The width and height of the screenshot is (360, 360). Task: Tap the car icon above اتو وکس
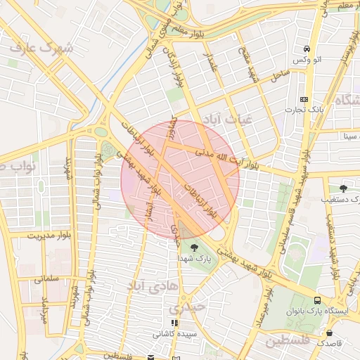(307, 49)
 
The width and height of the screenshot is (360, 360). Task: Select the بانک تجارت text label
(302, 109)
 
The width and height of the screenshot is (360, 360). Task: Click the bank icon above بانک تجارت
(304, 99)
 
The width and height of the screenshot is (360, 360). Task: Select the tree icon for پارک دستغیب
(343, 188)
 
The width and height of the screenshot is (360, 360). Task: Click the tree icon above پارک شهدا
(194, 247)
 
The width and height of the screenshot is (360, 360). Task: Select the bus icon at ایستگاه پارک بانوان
(318, 299)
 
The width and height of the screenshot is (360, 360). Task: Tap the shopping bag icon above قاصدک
(329, 333)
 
